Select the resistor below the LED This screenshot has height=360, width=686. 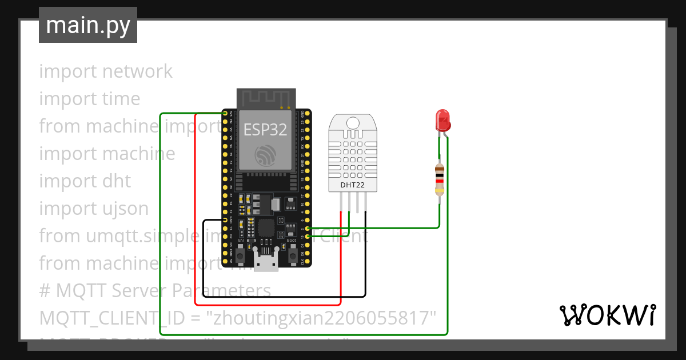click(x=439, y=179)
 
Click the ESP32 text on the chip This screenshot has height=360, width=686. click(x=265, y=129)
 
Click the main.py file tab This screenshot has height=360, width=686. click(x=88, y=25)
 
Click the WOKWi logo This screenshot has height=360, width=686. click(x=607, y=315)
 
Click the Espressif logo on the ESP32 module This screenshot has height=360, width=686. click(x=266, y=155)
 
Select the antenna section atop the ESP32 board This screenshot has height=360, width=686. click(x=266, y=98)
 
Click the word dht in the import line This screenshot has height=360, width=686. click(x=117, y=181)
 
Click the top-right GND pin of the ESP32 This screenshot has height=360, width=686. click(x=308, y=114)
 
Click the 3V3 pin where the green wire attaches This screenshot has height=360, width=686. click(x=225, y=114)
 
